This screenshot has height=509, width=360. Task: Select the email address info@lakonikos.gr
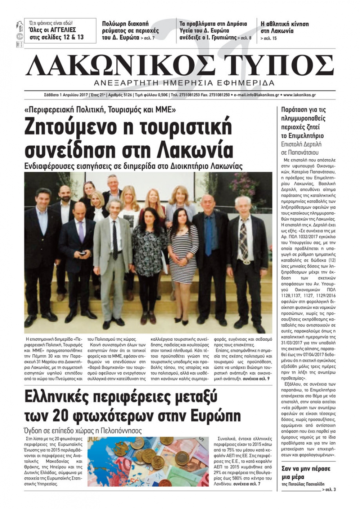tap(256, 95)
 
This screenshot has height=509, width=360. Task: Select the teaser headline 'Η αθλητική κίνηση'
tap(284, 24)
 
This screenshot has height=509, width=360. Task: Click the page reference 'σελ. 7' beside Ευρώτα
tap(148, 38)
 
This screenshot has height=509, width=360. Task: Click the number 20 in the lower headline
tap(59, 416)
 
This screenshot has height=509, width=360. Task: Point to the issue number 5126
tap(126, 95)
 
